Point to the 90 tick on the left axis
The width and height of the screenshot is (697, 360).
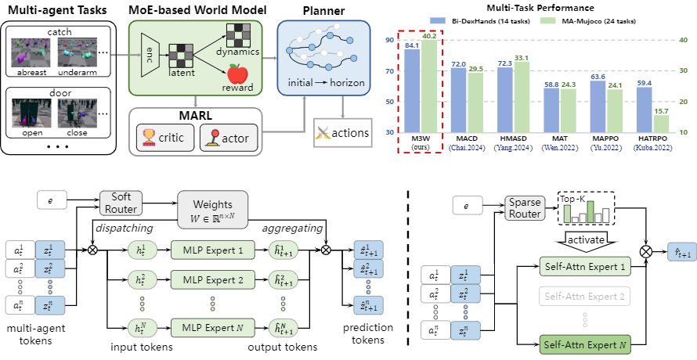tap(389, 39)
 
